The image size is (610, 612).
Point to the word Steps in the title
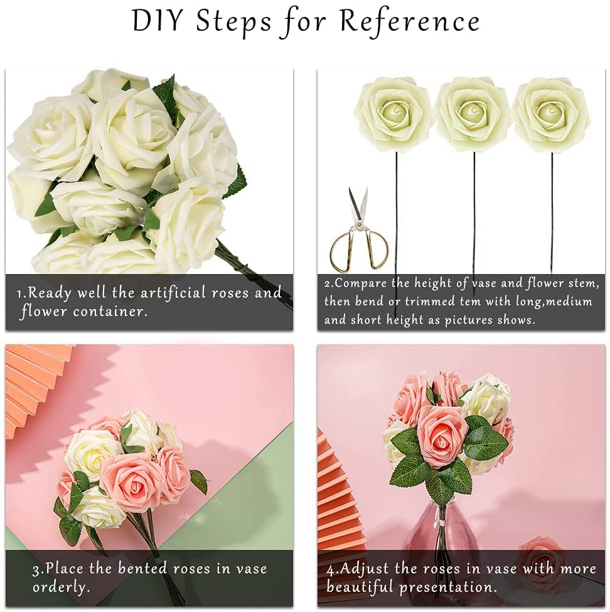pyautogui.click(x=233, y=22)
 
